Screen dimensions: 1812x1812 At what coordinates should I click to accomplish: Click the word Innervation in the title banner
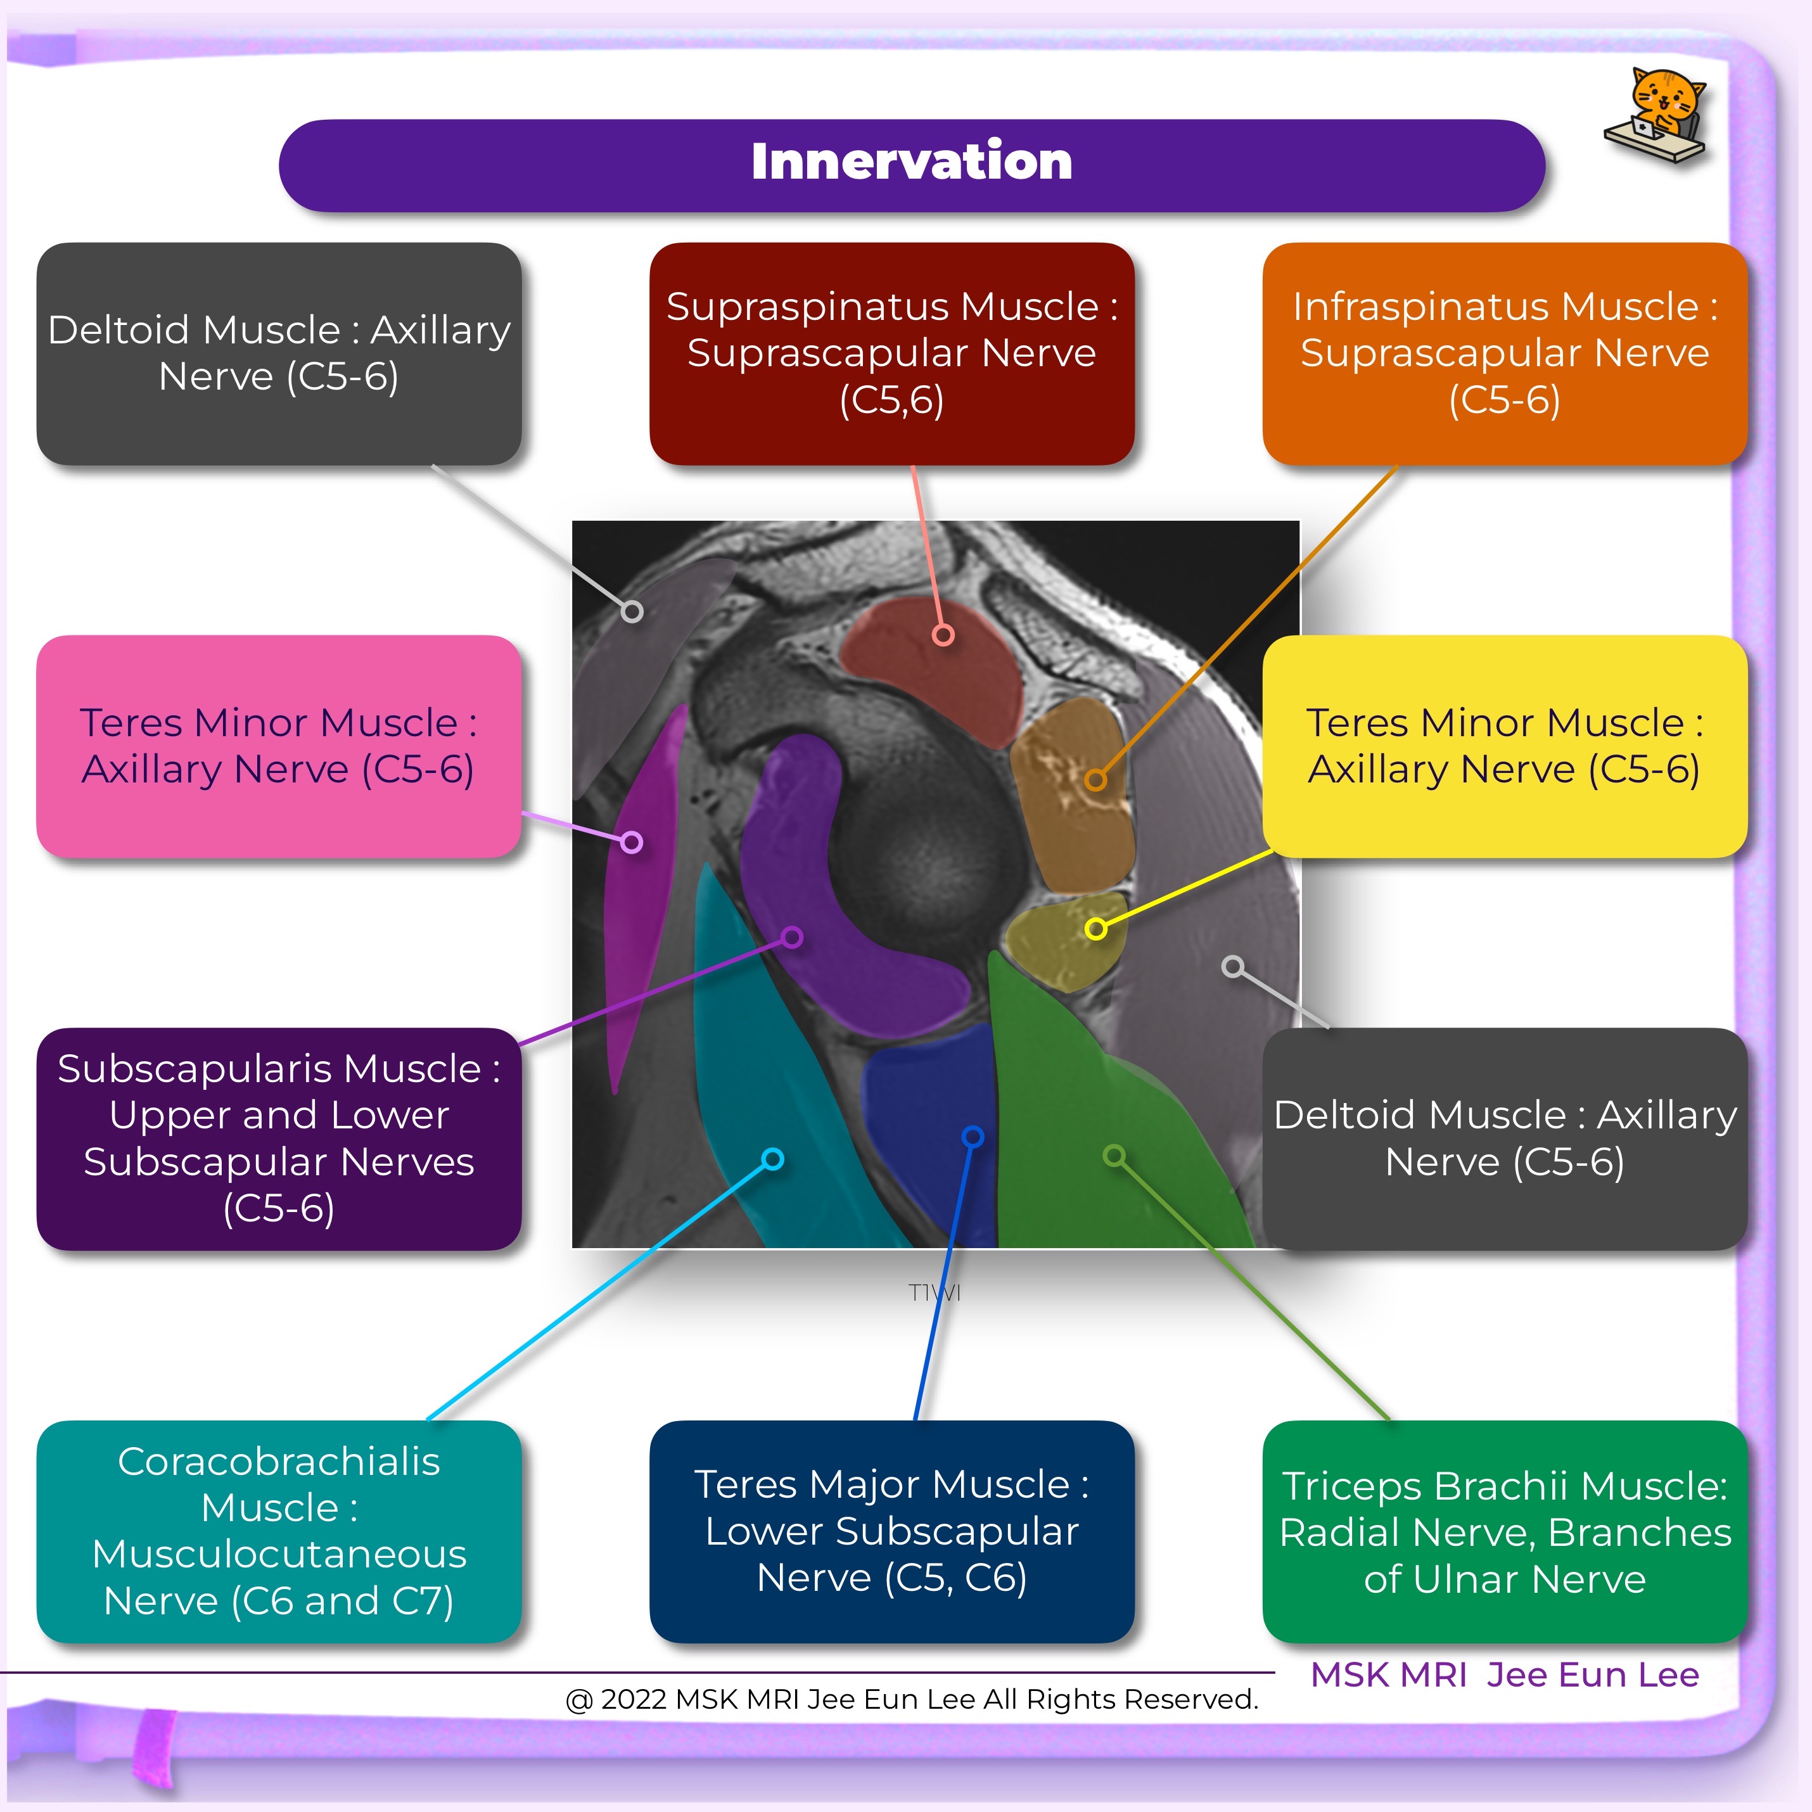point(910,162)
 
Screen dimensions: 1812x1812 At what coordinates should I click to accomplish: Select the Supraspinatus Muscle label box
point(891,354)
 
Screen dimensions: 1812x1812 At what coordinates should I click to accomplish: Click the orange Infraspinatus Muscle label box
point(1503,354)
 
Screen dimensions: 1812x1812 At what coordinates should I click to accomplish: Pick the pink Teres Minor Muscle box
point(279,746)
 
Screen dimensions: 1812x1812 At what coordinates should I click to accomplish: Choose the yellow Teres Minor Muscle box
point(1503,746)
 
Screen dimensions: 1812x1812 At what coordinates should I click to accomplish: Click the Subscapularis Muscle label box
point(279,1138)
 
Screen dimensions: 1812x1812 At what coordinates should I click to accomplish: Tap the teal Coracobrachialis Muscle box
point(279,1531)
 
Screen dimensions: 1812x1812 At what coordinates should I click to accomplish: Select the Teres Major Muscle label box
point(891,1531)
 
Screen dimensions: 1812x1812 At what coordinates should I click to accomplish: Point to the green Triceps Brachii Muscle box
point(1503,1531)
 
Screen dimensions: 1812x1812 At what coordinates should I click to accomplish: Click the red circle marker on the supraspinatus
point(943,635)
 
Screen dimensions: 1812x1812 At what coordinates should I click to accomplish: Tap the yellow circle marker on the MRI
point(1095,929)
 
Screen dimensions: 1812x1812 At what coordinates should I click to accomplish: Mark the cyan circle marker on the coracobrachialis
point(773,1159)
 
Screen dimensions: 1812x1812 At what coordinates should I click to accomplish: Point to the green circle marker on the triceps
point(1114,1156)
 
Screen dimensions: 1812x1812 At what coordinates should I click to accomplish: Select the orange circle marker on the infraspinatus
point(1095,779)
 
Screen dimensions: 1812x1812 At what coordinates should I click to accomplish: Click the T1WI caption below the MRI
point(934,1292)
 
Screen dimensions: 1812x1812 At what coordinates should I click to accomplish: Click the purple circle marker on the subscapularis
point(793,937)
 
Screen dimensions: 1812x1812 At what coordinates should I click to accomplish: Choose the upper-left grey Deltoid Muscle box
point(279,354)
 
